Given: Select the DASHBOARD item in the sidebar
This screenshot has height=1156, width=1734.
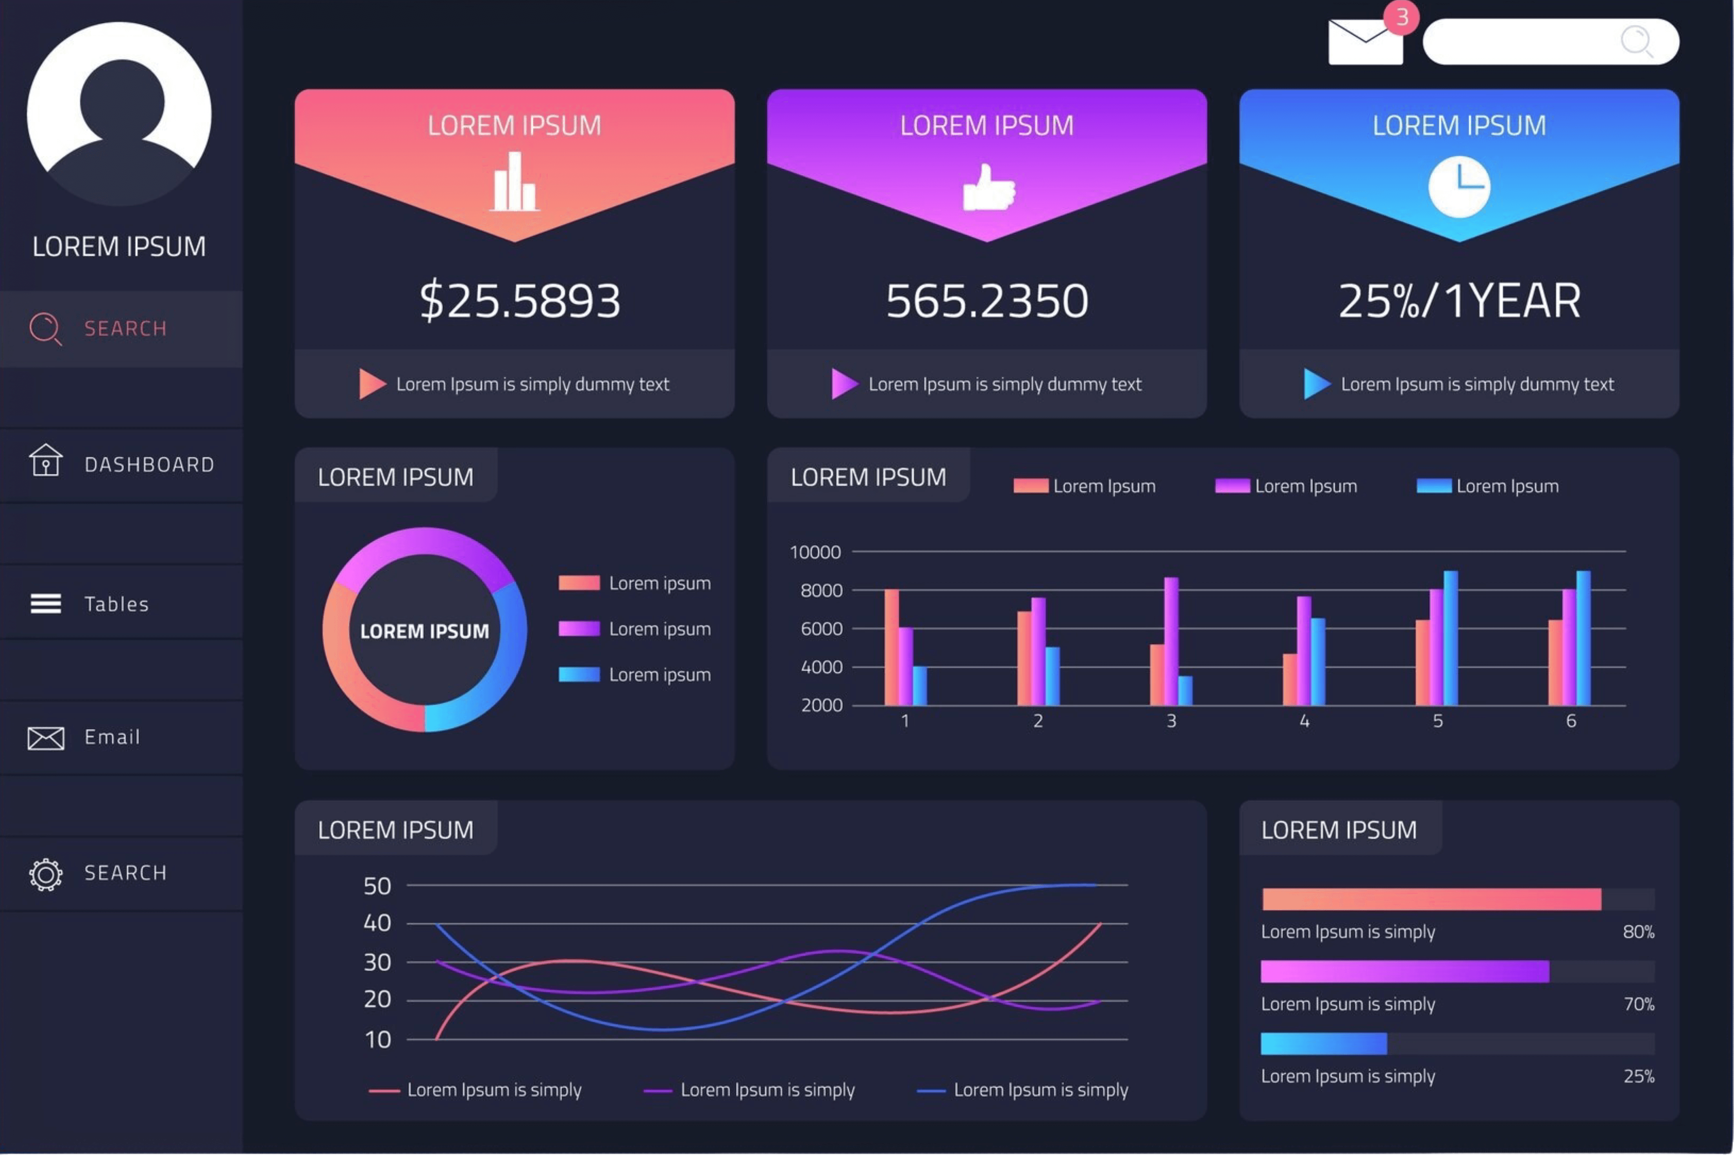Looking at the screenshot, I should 149,464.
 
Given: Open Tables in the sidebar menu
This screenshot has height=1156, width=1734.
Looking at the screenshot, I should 116,604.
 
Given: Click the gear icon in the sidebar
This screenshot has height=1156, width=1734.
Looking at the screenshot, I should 46,874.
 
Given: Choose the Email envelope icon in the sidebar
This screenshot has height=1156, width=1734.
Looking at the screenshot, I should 46,737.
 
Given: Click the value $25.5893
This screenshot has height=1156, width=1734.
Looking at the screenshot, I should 519,301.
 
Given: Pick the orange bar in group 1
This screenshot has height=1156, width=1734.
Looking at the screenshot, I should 891,647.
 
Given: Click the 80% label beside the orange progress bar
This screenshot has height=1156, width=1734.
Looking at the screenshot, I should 1637,932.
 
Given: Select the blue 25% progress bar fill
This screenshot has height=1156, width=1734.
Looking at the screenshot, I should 1324,1043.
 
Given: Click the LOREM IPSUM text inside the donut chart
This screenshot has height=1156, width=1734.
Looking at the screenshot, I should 424,631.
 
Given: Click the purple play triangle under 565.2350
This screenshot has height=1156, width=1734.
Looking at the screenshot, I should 843,384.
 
